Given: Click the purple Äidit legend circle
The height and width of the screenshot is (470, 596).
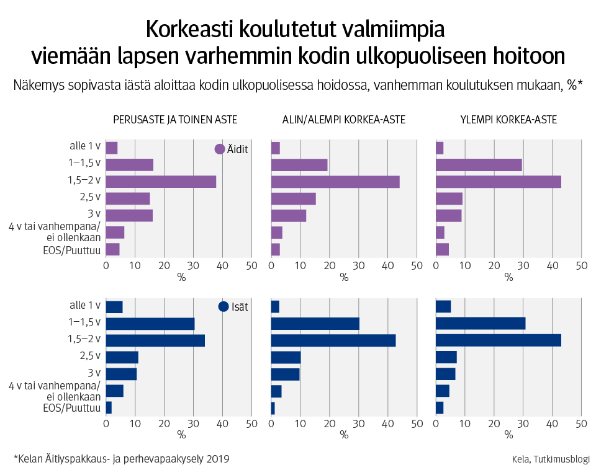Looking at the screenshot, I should point(219,149).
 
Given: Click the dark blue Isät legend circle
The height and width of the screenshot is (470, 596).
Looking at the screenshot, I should point(223,306).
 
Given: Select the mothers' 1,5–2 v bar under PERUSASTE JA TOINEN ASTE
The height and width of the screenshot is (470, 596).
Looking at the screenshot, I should point(161,182).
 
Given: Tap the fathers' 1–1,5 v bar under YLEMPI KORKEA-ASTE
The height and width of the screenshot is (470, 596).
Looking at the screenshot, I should point(481,324).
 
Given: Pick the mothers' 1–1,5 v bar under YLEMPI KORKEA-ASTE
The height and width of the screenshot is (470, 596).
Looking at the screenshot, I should point(479,165).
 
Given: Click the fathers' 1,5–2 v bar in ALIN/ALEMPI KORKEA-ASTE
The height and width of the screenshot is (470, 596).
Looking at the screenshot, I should point(333,340).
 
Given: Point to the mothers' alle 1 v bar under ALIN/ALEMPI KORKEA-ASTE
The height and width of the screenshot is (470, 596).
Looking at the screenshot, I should point(276,148).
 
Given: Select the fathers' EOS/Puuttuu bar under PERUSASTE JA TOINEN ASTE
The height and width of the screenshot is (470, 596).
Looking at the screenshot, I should point(109,407).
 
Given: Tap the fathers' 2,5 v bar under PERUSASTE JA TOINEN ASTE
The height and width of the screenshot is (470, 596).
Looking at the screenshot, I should point(122,357).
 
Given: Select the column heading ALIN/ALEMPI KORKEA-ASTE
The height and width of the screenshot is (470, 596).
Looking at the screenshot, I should point(344,120).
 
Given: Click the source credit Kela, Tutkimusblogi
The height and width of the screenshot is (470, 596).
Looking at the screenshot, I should point(551,459).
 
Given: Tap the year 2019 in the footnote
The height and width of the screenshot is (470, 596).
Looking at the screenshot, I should point(218,459).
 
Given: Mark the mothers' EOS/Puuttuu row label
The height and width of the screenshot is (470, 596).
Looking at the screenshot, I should point(73,249).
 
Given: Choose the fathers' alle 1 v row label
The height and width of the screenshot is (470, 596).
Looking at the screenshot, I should point(85,305).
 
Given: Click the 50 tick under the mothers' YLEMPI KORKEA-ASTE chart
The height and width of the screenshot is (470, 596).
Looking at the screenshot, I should point(581,265).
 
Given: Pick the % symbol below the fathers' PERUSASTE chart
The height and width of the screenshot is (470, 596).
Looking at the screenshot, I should point(181,435).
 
